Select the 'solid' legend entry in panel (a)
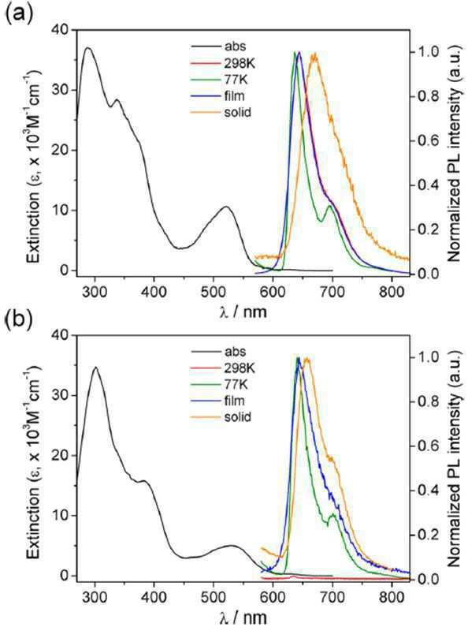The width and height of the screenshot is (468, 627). pos(238,112)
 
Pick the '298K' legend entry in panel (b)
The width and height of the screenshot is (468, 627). pos(240,368)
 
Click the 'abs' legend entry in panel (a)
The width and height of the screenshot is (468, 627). pos(235,47)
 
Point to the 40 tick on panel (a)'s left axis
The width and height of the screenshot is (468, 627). pos(61,30)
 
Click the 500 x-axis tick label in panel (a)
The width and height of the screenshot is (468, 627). pos(214,292)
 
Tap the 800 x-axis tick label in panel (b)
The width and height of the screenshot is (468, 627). pos(392,596)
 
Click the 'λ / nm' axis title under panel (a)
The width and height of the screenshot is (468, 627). pos(243,312)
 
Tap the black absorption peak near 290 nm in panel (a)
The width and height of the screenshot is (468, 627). pos(88,47)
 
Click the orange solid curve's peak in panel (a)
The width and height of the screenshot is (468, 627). pos(314,54)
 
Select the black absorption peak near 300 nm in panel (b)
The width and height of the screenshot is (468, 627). pos(95,367)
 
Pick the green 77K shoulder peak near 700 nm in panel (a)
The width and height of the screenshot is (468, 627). pos(330,206)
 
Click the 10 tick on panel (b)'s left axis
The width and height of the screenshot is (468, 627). pos(61,516)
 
